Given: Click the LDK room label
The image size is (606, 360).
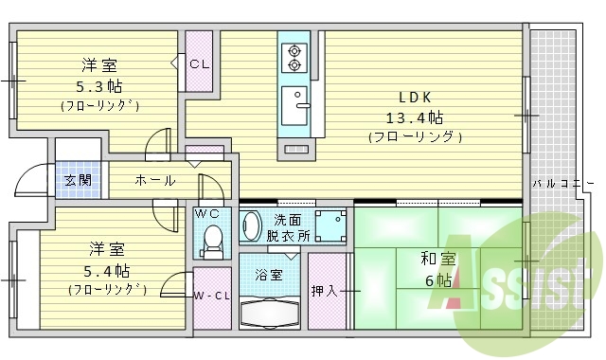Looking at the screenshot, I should (x=414, y=98).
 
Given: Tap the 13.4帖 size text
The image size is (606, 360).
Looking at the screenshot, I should (x=414, y=117).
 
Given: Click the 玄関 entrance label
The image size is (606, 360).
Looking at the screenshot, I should (x=77, y=180).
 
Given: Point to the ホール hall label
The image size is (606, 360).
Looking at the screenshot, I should (x=154, y=180).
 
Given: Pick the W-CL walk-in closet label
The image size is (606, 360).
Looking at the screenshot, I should (x=212, y=297).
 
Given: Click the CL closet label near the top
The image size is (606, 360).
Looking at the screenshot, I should (x=199, y=64).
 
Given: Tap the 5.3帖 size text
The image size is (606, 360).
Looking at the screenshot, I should (x=99, y=86).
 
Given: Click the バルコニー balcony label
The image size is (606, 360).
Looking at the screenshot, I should (x=562, y=183).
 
